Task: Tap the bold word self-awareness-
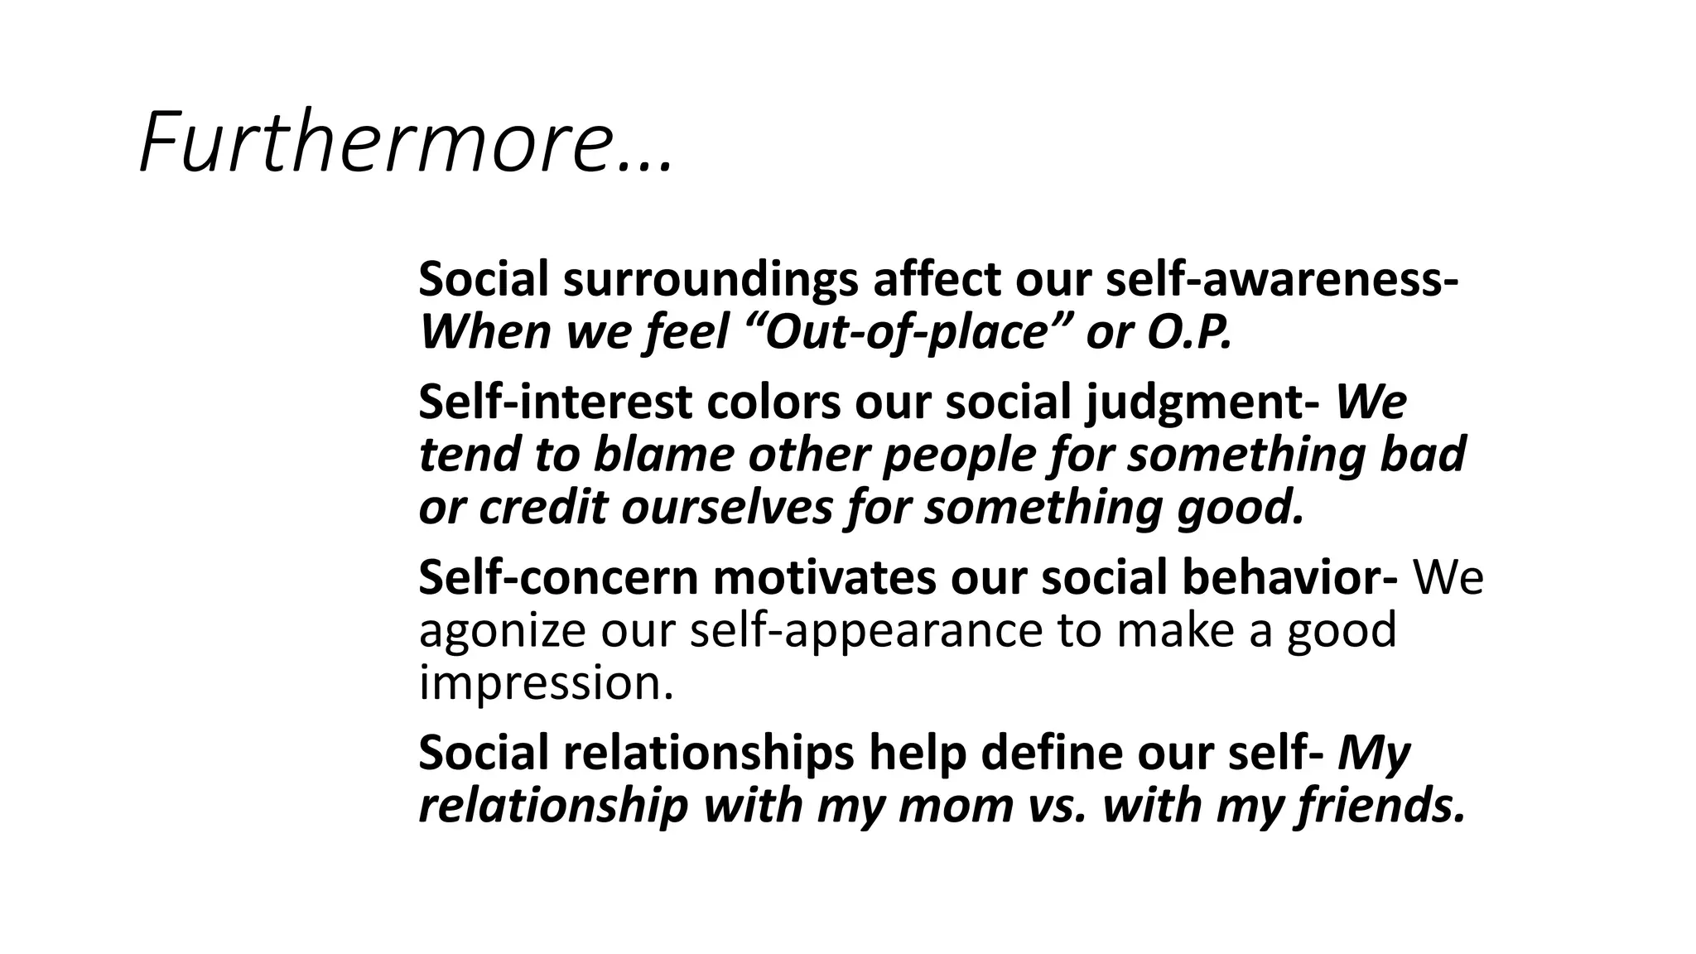[x=1282, y=280]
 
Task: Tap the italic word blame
[x=663, y=455]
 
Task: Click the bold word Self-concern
[x=558, y=577]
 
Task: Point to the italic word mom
[x=956, y=806]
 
